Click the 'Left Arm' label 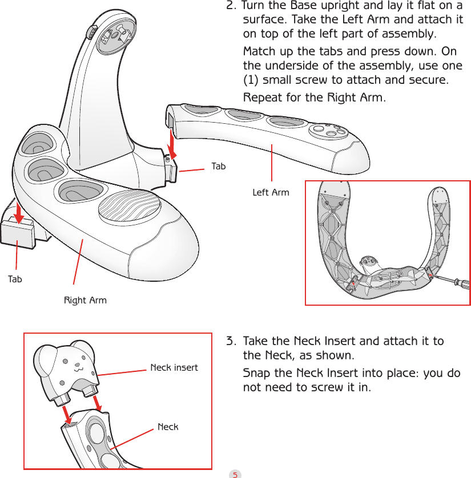coord(271,193)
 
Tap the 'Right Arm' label coord(85,300)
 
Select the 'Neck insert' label coord(174,367)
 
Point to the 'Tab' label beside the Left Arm coord(218,167)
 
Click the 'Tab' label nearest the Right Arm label coord(15,279)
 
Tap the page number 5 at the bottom coord(235,473)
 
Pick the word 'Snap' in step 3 coord(257,373)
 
